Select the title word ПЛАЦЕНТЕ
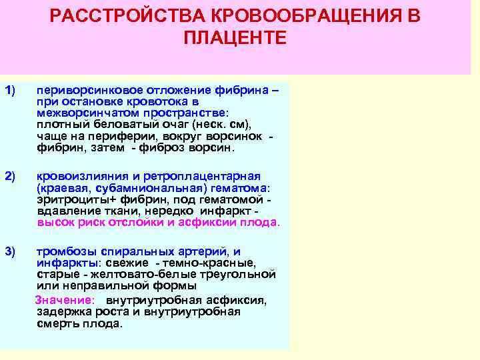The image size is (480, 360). click(x=235, y=37)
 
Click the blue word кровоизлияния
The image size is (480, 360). click(x=74, y=176)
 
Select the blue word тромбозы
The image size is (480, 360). click(x=61, y=251)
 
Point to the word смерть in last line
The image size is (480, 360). click(x=56, y=324)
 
